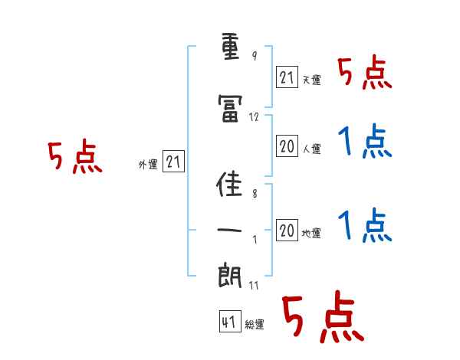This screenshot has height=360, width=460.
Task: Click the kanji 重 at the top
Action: click(230, 47)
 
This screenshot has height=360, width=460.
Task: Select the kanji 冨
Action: click(230, 109)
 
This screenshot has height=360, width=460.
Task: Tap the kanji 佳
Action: click(229, 184)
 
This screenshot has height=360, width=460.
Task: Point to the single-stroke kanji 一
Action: click(229, 230)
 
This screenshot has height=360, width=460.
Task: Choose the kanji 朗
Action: click(230, 275)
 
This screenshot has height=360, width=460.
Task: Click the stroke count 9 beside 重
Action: click(255, 55)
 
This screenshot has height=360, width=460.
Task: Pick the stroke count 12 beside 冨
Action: click(254, 117)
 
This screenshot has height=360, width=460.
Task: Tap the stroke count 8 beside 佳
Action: click(255, 194)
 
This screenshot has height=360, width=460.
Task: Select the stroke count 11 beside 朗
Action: click(254, 285)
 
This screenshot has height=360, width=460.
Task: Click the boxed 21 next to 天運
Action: click(287, 77)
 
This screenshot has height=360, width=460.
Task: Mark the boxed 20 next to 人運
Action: click(287, 146)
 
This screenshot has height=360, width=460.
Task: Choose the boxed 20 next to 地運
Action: click(287, 230)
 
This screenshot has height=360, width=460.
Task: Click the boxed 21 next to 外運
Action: click(173, 162)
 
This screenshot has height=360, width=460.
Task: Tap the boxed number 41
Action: click(230, 321)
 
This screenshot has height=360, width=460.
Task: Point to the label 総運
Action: click(255, 325)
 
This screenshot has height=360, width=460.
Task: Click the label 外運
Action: click(148, 165)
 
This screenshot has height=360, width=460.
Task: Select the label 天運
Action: click(311, 80)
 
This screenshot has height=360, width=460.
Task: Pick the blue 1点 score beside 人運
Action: click(365, 141)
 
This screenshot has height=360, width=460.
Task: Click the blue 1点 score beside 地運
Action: click(365, 225)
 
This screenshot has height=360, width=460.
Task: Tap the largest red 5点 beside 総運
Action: click(324, 316)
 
